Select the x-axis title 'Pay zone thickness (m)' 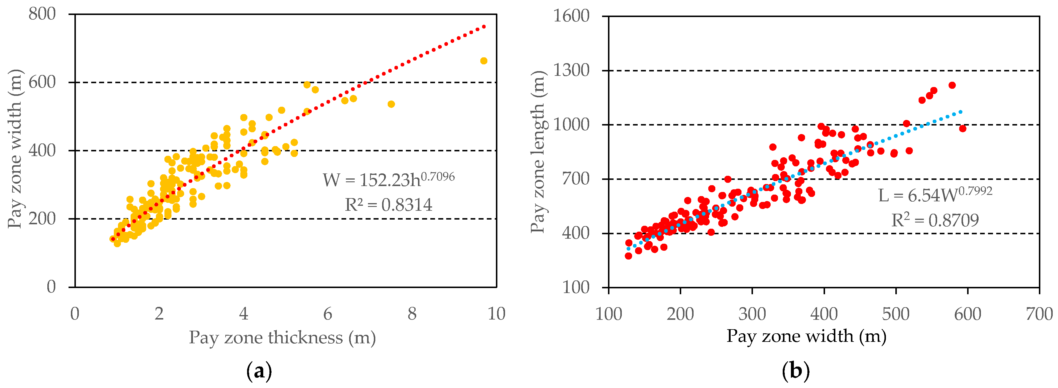[282, 337]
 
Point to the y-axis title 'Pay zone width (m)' [15, 149]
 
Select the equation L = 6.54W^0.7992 [935, 195]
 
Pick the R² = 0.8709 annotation [935, 220]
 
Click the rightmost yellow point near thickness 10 [484, 61]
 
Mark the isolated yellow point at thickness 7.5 [391, 104]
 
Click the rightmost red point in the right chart [963, 128]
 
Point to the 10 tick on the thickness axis [496, 314]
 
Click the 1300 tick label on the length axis [571, 70]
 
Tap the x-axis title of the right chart [806, 336]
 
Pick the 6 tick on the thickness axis [327, 314]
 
